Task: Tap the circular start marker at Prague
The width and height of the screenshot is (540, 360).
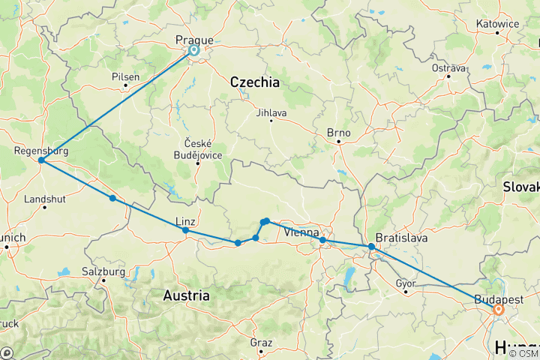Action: point(193,50)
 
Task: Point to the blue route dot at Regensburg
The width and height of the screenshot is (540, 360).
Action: point(41,160)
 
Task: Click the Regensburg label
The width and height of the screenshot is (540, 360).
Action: point(41,151)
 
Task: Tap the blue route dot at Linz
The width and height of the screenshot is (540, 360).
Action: point(185,231)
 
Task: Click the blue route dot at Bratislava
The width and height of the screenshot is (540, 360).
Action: point(371,247)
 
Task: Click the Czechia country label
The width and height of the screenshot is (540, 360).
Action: point(254,82)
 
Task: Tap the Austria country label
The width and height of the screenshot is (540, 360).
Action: point(186,295)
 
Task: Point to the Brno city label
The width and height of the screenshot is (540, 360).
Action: point(339,132)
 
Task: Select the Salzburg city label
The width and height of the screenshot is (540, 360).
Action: point(103,271)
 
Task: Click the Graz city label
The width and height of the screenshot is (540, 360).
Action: point(262,342)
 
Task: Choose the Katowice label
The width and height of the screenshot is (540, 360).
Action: point(497,24)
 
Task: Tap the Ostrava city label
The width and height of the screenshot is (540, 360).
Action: point(449,68)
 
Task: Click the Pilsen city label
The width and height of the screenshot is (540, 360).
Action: point(125,76)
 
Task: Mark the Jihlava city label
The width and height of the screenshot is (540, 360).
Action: point(271,112)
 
